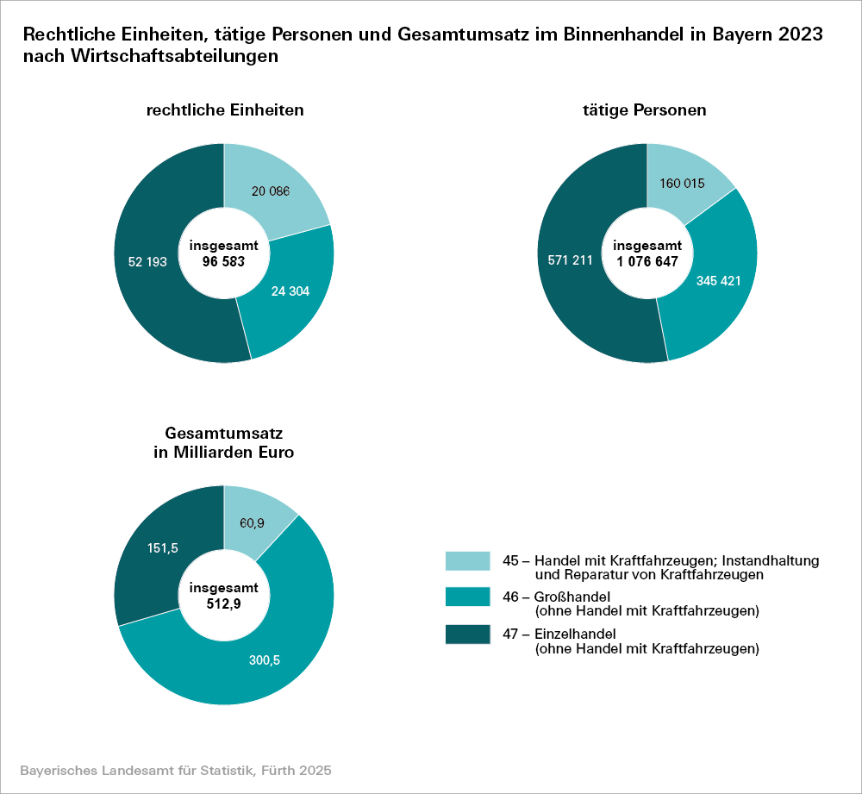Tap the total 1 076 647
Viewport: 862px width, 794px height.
click(646, 259)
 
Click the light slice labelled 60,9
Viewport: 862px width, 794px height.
click(252, 522)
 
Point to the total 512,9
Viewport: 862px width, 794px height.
click(224, 604)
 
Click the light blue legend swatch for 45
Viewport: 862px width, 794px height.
click(467, 561)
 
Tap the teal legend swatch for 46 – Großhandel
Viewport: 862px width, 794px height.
click(467, 598)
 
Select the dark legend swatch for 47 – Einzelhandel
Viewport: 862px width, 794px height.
click(467, 635)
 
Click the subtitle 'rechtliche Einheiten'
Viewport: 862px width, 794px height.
click(224, 111)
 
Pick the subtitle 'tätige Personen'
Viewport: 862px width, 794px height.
click(645, 111)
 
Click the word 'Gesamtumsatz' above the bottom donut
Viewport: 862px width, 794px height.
click(224, 433)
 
